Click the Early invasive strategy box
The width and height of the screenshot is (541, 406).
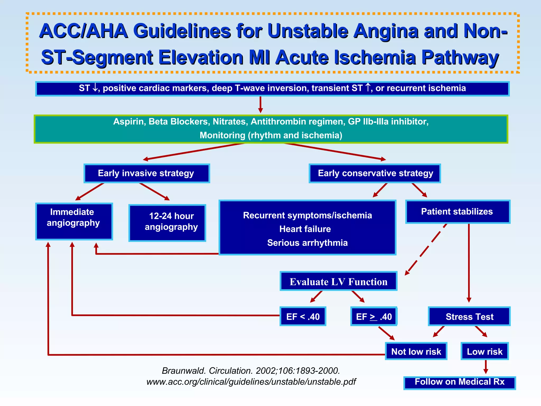pos(147,173)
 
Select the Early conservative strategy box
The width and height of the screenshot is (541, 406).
pos(375,173)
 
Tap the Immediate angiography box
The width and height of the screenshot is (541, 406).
pos(74,222)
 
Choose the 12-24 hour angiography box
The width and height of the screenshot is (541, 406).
pos(167,223)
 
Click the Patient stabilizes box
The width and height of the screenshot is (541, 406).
pos(458,212)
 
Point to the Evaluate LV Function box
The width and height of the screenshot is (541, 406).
pos(338,281)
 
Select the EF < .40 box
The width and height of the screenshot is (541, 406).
pos(303,316)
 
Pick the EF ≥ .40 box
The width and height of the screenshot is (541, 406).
pos(374,316)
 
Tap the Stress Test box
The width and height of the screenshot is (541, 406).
pos(469,316)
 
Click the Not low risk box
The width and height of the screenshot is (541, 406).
pos(416,351)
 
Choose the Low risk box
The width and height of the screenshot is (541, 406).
pos(484,351)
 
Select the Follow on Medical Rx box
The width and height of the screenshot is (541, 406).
pos(459,382)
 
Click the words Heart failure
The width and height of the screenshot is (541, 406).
pos(305,229)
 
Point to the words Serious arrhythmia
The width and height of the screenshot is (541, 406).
pos(307,243)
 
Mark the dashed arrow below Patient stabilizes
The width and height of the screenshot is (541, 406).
pos(426,249)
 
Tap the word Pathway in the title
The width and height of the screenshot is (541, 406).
pos(460,57)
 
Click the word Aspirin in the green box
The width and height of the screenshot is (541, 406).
pos(129,122)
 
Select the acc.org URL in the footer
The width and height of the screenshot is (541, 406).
pos(251,382)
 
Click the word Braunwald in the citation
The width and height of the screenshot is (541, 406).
pos(184,371)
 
